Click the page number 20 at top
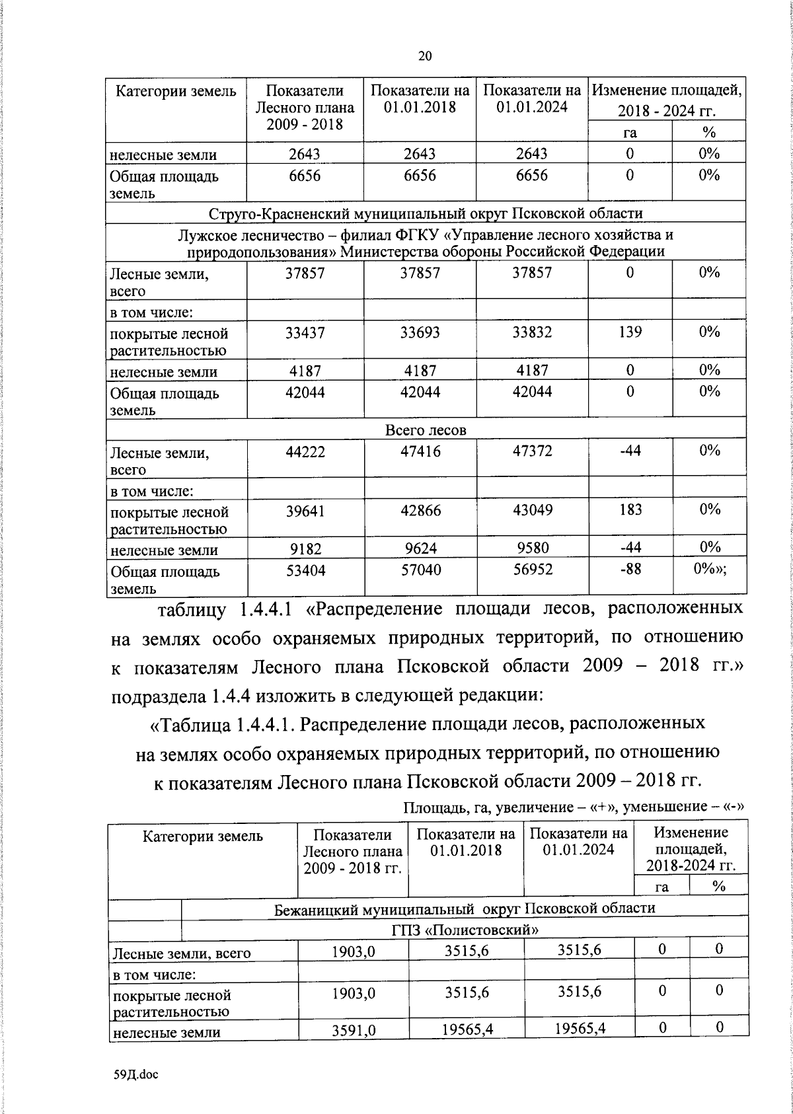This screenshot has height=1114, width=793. click(x=425, y=56)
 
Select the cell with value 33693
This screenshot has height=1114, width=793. click(x=420, y=333)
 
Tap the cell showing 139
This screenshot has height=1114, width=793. click(x=630, y=332)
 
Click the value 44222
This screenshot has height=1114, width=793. click(x=305, y=451)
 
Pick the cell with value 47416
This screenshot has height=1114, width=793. click(x=420, y=451)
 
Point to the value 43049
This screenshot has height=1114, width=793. click(x=533, y=511)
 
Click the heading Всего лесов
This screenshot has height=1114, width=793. click(x=426, y=430)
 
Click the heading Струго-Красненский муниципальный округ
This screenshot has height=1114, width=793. click(x=426, y=213)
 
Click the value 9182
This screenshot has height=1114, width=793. click(x=305, y=548)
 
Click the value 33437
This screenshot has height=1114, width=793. click(x=305, y=333)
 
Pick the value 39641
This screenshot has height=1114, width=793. click(x=305, y=511)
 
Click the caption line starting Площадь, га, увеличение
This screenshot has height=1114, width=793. click(x=574, y=807)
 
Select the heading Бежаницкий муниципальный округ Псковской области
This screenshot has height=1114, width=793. click(x=465, y=908)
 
